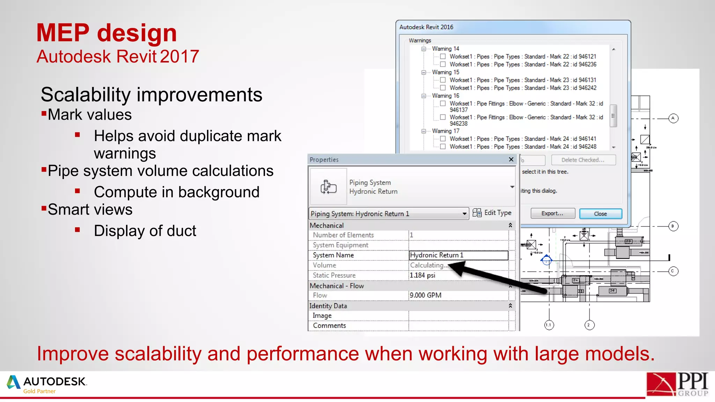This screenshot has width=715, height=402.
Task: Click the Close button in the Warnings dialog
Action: click(x=600, y=214)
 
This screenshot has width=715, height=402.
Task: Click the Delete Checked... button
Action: click(x=583, y=160)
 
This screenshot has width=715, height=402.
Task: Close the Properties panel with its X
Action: click(x=511, y=159)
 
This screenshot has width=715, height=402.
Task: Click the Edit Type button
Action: click(x=492, y=213)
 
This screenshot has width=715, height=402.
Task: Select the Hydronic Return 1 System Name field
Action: click(x=458, y=255)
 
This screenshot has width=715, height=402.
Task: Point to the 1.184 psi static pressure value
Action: click(x=422, y=275)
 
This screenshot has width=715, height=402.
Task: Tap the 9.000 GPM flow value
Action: click(x=426, y=295)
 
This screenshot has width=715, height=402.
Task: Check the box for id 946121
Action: click(x=443, y=56)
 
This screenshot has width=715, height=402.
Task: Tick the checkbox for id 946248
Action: click(x=443, y=147)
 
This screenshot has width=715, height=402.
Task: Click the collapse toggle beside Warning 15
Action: click(x=423, y=72)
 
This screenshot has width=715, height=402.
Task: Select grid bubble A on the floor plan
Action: click(x=673, y=118)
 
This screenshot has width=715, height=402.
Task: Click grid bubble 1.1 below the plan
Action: click(x=549, y=325)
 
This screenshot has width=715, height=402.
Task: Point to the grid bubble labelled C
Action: click(x=673, y=271)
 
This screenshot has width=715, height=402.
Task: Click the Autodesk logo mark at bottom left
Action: click(x=14, y=382)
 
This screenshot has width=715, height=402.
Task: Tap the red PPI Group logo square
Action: click(x=661, y=385)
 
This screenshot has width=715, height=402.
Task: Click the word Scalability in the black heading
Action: click(x=86, y=95)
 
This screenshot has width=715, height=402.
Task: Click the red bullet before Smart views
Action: click(x=44, y=209)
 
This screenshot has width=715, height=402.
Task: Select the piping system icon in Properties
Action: click(x=328, y=187)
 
